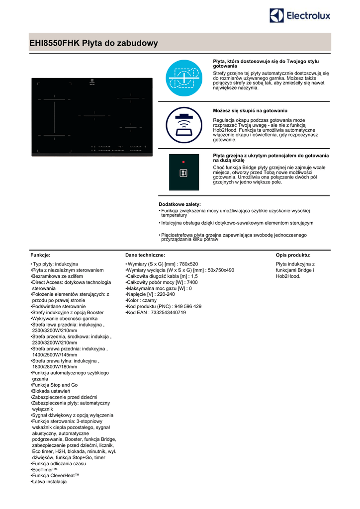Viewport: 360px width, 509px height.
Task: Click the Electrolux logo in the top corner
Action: click(x=300, y=16)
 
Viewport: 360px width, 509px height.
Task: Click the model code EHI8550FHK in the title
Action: click(x=55, y=43)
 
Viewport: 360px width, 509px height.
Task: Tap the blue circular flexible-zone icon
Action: click(x=183, y=78)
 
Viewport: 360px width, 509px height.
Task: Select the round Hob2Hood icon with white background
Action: click(x=183, y=125)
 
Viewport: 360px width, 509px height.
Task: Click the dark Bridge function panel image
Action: click(x=183, y=172)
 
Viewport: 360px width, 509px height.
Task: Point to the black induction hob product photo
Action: click(x=92, y=117)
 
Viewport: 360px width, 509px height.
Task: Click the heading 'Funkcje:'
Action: click(x=40, y=254)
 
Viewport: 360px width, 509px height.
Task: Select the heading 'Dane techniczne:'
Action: click(x=145, y=254)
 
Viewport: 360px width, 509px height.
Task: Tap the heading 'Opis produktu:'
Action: click(x=293, y=254)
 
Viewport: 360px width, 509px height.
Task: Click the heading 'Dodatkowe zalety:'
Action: click(x=180, y=204)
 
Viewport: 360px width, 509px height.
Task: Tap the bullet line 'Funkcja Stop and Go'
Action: click(x=55, y=385)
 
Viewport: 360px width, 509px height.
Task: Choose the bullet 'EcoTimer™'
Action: click(x=45, y=469)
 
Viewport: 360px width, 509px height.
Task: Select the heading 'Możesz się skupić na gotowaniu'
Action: click(x=250, y=110)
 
